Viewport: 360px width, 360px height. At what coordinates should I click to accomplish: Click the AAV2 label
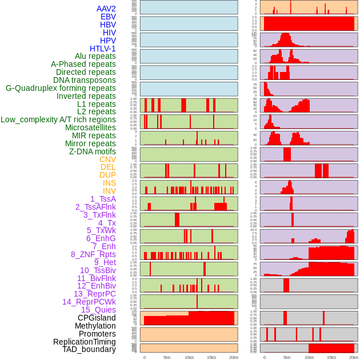pyautogui.click(x=106, y=9)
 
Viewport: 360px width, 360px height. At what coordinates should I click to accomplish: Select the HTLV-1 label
pyautogui.click(x=103, y=49)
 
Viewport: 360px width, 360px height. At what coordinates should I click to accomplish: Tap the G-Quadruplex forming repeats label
pyautogui.click(x=61, y=88)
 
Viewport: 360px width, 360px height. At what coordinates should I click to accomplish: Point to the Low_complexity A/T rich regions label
pyautogui.click(x=58, y=119)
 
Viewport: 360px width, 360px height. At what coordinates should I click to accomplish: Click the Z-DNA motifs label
pyautogui.click(x=93, y=151)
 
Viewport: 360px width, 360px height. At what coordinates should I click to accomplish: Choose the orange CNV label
pyautogui.click(x=107, y=159)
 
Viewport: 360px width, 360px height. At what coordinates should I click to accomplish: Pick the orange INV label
pyautogui.click(x=109, y=191)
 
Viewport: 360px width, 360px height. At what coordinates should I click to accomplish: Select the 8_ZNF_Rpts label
pyautogui.click(x=93, y=254)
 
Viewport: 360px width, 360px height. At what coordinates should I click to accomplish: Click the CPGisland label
pyautogui.click(x=97, y=318)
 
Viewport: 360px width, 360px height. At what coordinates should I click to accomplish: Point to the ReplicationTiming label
pyautogui.click(x=84, y=342)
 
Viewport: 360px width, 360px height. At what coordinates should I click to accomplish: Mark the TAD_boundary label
pyautogui.click(x=89, y=349)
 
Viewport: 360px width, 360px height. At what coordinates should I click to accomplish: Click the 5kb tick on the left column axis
pyautogui.click(x=167, y=357)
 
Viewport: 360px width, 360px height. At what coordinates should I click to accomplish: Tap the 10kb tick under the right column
pyautogui.click(x=309, y=357)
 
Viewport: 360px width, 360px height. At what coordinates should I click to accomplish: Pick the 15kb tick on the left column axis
pyautogui.click(x=211, y=357)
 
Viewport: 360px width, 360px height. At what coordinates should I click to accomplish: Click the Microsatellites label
pyautogui.click(x=90, y=127)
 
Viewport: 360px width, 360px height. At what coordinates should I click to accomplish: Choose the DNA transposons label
pyautogui.click(x=85, y=80)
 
